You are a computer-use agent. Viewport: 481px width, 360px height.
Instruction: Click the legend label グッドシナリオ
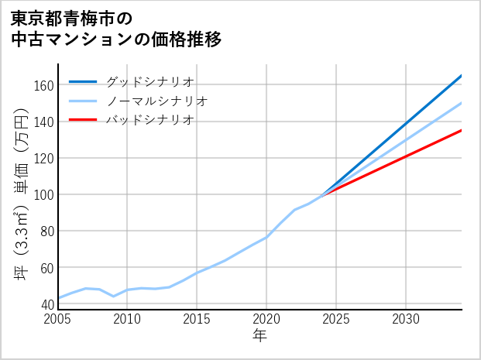(x=149, y=81)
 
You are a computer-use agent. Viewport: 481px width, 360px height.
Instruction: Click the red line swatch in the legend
(x=83, y=120)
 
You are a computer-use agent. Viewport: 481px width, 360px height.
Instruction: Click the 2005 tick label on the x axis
(x=58, y=319)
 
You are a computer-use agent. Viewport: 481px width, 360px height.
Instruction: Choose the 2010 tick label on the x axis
(x=128, y=319)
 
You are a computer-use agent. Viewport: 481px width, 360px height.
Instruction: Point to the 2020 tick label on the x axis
(x=266, y=319)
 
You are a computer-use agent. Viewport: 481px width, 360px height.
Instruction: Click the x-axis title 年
(x=260, y=336)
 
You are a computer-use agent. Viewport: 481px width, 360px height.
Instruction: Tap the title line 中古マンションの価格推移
(x=116, y=39)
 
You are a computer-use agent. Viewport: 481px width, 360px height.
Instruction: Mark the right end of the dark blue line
(x=461, y=76)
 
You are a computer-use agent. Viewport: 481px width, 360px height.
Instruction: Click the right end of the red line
(x=461, y=130)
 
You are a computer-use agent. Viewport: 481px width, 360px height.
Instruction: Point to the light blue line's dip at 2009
(x=114, y=296)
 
